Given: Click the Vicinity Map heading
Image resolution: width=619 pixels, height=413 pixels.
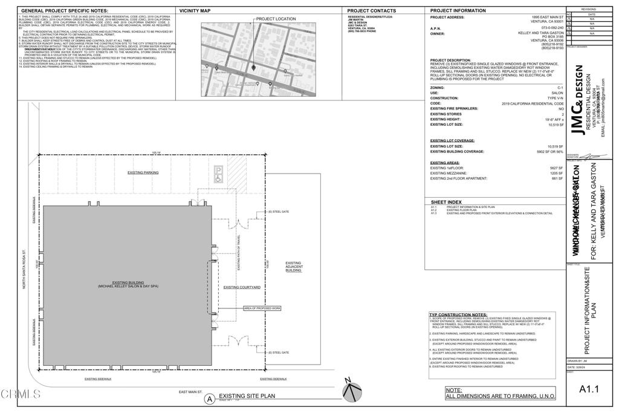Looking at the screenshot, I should coord(195,11).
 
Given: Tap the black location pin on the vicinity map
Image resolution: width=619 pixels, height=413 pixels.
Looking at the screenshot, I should coord(254,67).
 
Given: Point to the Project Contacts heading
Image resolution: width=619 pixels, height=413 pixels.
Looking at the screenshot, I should coord(374,11).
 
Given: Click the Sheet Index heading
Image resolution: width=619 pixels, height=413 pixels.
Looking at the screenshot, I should coord(446,202).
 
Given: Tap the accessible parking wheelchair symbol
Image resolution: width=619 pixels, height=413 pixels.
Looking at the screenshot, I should coord(218,178).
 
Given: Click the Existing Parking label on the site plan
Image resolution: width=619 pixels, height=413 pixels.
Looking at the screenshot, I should coord(143,172).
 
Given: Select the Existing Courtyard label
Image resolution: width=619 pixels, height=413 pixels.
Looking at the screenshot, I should coord(242,287).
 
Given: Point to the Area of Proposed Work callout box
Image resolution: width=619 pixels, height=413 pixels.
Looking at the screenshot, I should coord(262,308).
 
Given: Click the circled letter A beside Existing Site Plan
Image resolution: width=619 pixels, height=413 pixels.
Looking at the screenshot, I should coord(210,398).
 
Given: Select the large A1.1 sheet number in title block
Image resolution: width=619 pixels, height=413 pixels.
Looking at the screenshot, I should coord(589,389).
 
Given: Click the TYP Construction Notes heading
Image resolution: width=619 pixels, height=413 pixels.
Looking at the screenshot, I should coord(458,314).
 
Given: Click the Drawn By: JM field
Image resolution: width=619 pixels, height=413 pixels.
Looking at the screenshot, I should coord(577,360).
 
